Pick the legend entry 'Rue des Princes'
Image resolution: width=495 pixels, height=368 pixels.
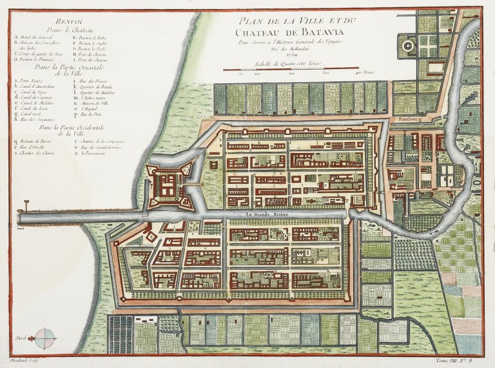pos(93,81)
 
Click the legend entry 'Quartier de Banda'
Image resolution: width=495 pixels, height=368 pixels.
pos(95,87)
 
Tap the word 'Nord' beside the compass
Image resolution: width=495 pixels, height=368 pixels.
pos(24,335)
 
